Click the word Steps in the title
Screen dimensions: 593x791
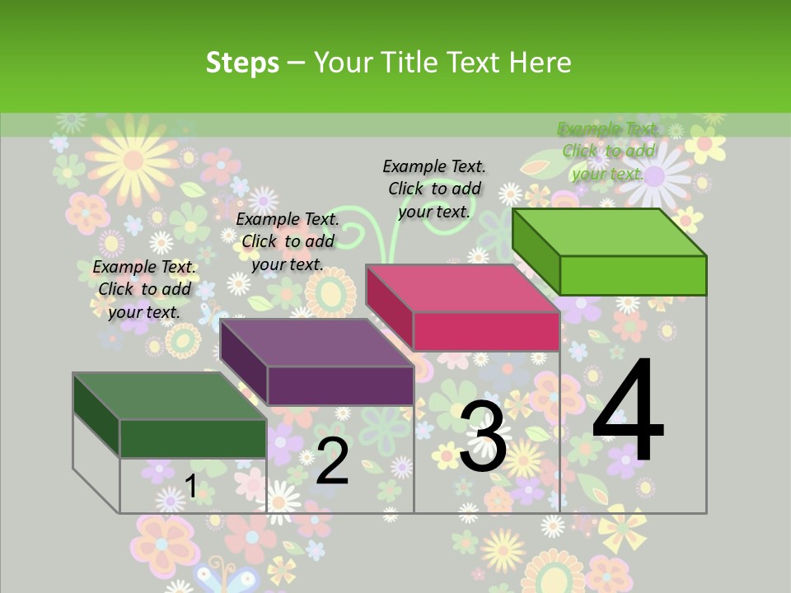click(x=242, y=63)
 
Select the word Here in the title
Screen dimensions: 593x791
click(x=540, y=63)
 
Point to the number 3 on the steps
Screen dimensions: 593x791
click(x=483, y=437)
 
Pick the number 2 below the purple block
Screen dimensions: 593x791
click(x=332, y=461)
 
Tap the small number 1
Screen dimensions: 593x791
click(x=190, y=486)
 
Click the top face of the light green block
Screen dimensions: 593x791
click(x=610, y=232)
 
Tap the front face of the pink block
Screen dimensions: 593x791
click(x=486, y=331)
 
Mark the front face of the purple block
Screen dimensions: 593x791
click(x=340, y=385)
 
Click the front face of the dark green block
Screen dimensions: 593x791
click(x=194, y=438)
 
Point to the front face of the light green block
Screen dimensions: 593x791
click(x=633, y=275)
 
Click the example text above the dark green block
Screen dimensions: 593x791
click(x=145, y=289)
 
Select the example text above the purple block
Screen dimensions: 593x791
click(x=288, y=241)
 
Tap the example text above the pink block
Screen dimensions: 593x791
click(x=434, y=189)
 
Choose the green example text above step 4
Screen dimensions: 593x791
click(x=608, y=151)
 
